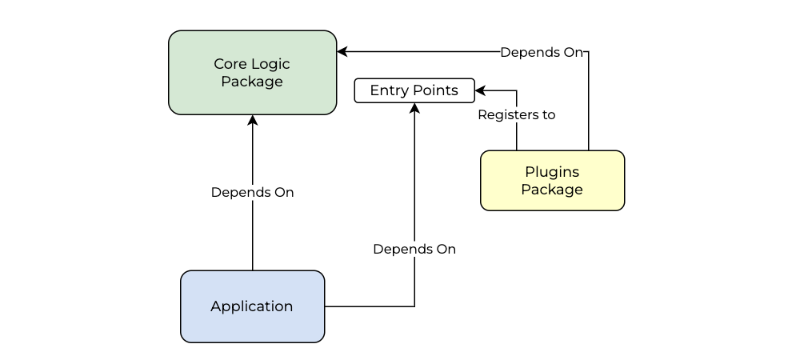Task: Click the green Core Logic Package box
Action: pos(253,73)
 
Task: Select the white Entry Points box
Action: pos(414,90)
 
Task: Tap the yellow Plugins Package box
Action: pos(553,180)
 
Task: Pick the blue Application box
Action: pos(253,306)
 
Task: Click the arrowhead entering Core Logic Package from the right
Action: pos(342,51)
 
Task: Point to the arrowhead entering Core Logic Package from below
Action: pos(253,120)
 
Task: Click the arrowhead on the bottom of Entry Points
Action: pos(414,108)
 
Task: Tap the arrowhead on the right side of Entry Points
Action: pos(480,90)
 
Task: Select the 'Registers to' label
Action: pos(516,114)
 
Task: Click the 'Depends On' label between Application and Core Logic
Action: pos(253,192)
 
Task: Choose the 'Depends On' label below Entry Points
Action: pos(414,249)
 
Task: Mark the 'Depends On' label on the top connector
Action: pos(542,53)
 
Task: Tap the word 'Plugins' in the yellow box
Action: pos(552,172)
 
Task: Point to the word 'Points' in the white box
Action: pos(435,90)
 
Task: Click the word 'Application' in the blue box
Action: pos(251,307)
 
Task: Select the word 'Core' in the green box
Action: pos(231,64)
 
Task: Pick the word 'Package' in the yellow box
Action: pos(552,190)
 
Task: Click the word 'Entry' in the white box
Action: pos(390,91)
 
